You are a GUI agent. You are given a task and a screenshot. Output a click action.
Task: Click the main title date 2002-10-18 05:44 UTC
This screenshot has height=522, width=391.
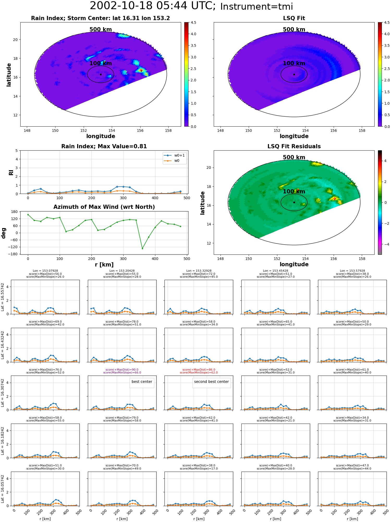click(153, 6)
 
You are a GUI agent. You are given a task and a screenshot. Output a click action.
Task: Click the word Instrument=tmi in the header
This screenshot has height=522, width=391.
click(257, 7)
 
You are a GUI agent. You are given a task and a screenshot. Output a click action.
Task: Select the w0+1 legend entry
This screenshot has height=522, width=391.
click(174, 155)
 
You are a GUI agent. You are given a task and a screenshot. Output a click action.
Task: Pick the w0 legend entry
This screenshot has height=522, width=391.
click(172, 161)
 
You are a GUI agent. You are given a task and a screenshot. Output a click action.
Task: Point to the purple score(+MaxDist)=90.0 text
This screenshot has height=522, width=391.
click(122, 370)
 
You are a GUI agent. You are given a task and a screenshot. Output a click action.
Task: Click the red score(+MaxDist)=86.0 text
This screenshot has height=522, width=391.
click(199, 370)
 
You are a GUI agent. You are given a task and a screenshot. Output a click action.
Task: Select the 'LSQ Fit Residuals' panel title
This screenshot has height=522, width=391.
click(294, 146)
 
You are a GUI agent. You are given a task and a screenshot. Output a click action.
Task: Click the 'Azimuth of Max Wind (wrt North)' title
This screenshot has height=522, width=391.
click(104, 207)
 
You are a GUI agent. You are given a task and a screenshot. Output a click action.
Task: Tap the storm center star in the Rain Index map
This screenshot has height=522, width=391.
click(101, 74)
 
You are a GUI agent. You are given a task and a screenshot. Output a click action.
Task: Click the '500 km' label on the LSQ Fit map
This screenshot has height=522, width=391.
click(294, 29)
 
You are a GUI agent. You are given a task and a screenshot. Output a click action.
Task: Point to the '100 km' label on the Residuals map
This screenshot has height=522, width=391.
click(294, 192)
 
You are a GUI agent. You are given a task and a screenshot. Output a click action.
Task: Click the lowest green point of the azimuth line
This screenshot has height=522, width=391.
click(142, 248)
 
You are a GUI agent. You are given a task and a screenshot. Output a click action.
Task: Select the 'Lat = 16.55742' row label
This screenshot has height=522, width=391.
click(3, 297)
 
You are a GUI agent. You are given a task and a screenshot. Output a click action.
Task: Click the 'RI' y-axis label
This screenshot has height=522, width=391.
click(11, 173)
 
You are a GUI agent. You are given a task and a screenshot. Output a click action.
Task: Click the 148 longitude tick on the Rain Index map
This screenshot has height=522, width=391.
click(27, 130)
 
